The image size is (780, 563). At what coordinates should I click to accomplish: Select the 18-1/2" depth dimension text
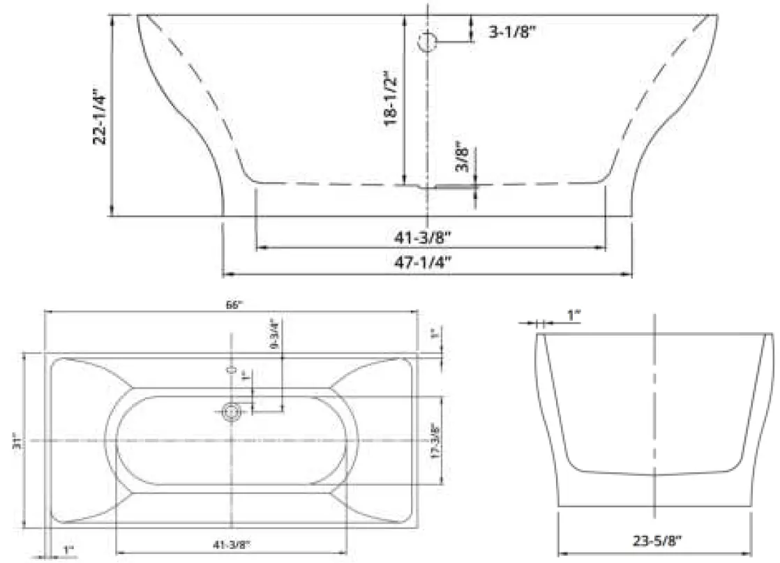coord(391,97)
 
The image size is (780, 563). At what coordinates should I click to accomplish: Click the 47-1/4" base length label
coord(428,263)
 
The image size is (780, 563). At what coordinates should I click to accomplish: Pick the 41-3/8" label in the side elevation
coord(428,237)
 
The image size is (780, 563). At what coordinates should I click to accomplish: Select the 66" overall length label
coord(233,305)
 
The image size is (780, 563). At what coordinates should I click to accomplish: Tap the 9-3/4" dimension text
coord(275,333)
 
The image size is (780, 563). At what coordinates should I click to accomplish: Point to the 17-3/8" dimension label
coord(435,441)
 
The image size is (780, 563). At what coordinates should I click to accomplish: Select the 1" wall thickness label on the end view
coord(573,316)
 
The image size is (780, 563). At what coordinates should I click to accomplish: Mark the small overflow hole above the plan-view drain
coord(232,369)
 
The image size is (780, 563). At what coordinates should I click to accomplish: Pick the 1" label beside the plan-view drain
coord(244,377)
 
